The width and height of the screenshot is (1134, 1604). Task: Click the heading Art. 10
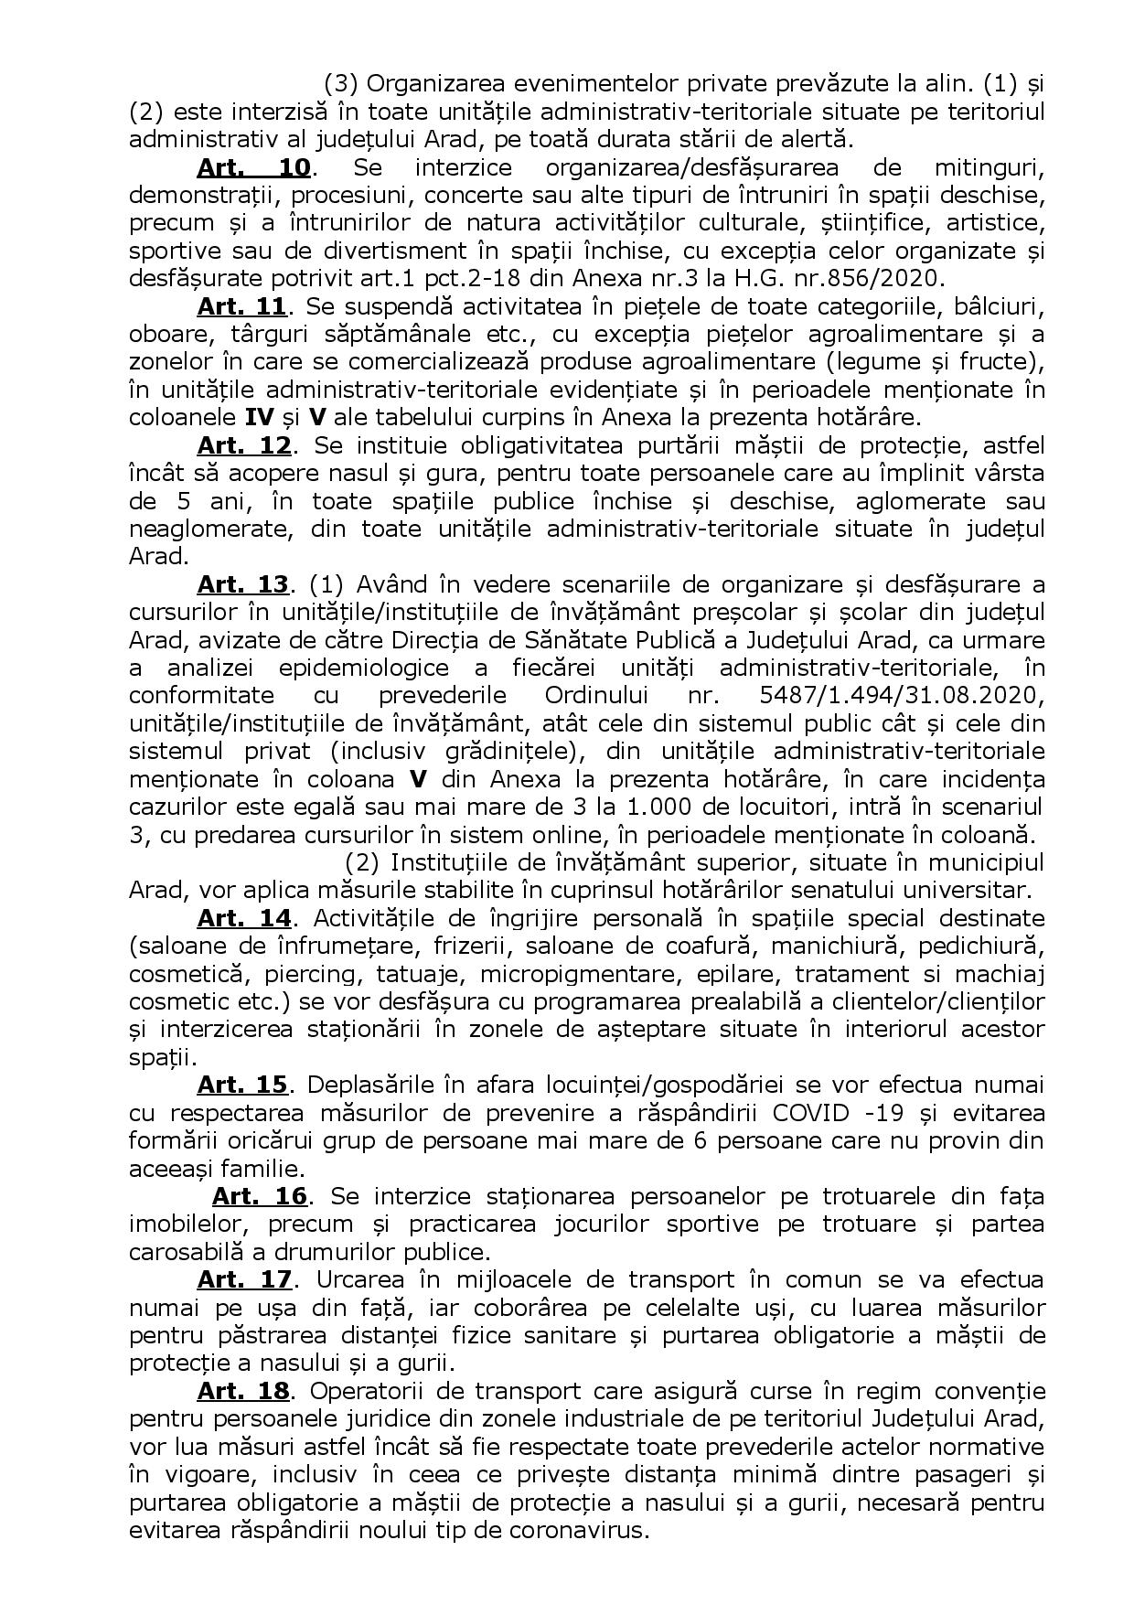254,168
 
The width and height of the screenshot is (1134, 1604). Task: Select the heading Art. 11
242,306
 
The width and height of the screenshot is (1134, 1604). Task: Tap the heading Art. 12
243,445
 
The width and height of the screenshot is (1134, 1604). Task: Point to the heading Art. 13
243,584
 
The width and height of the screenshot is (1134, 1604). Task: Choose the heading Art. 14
243,917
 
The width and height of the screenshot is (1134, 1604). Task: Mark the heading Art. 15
242,1085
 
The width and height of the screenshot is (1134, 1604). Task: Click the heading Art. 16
260,1195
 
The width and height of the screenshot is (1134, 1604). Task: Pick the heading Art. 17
243,1278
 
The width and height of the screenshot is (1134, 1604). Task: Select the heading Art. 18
243,1390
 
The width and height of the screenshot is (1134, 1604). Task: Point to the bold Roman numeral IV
259,418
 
